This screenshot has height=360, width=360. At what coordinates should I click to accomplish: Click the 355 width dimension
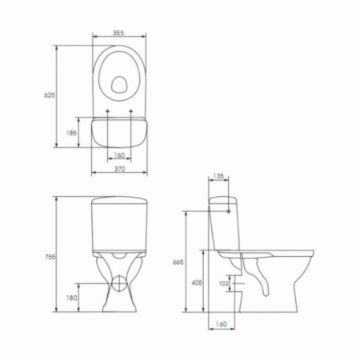118,33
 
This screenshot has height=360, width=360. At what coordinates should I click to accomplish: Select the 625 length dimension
50,95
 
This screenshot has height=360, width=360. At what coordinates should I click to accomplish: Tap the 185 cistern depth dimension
71,133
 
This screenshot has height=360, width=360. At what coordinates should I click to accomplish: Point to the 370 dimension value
120,169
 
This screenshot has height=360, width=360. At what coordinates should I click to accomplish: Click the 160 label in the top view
119,155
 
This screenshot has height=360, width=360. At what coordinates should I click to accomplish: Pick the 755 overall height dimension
50,257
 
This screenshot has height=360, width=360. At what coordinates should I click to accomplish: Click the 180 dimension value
71,298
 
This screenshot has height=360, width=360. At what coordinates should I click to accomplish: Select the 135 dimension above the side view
218,176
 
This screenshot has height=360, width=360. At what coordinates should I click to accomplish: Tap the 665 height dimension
178,262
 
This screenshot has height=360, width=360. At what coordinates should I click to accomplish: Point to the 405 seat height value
197,282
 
